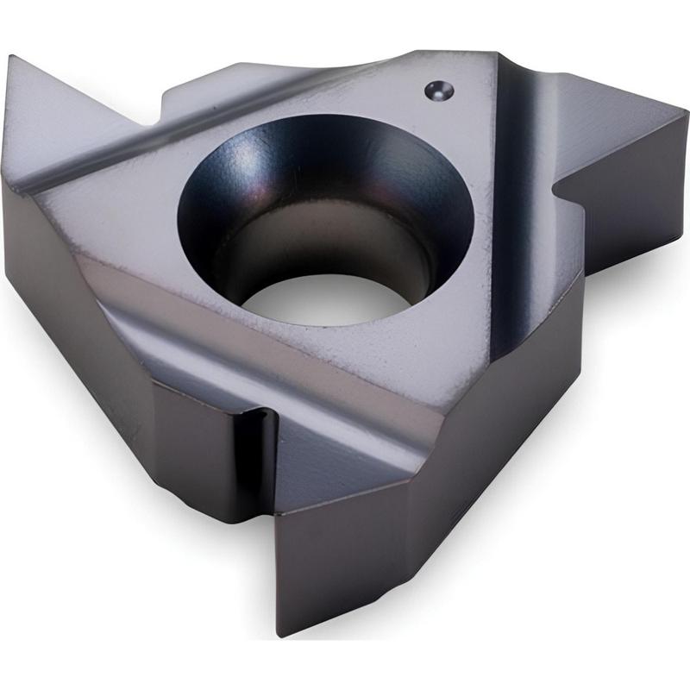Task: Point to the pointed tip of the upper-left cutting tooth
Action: pos(10,60)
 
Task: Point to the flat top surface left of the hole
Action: pos(112,216)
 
